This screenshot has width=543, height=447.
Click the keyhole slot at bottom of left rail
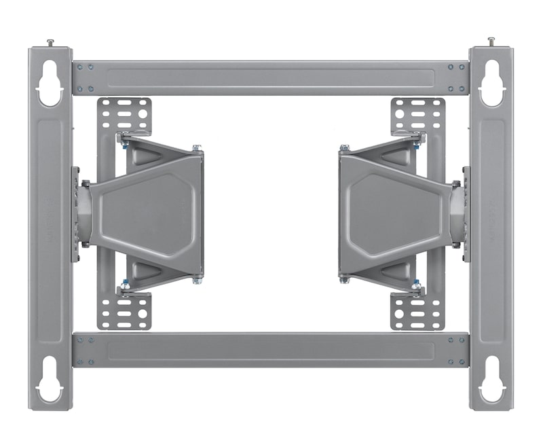[49, 380]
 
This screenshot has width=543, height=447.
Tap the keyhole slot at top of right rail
[491, 83]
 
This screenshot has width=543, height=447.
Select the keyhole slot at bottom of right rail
[491, 380]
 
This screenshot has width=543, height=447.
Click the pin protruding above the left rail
[50, 43]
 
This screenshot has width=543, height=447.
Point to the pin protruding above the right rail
[491, 41]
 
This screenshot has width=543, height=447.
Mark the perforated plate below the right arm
[418, 311]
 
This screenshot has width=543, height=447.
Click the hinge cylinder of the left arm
[84, 214]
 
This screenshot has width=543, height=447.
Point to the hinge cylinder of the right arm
[458, 214]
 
